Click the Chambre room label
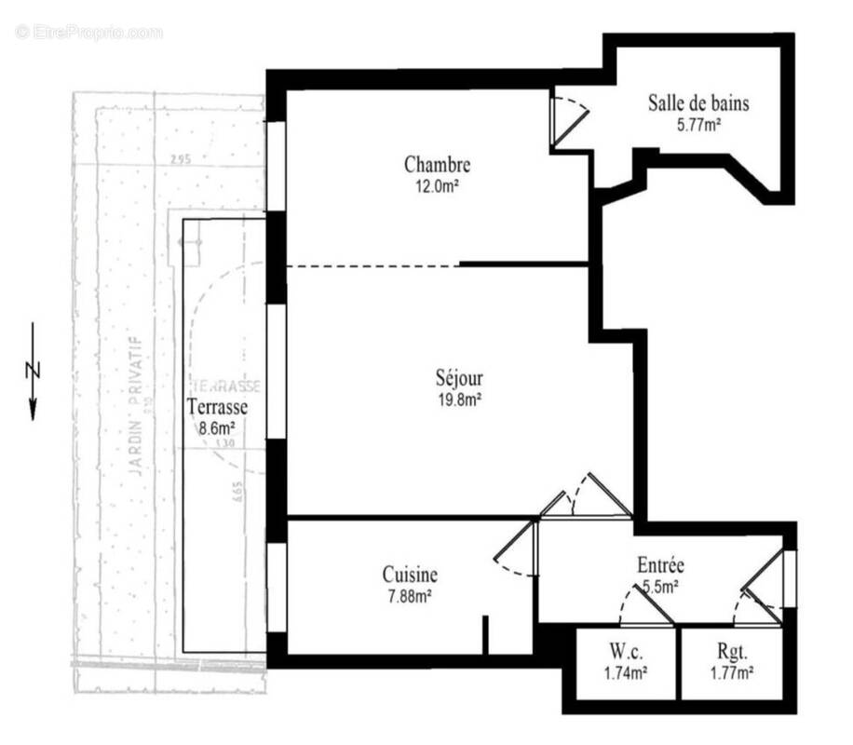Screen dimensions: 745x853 tap(437, 165)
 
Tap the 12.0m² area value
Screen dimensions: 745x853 tap(437, 184)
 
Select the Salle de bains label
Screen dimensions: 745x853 tap(698, 102)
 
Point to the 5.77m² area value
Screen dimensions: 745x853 tap(698, 122)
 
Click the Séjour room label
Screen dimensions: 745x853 tap(459, 380)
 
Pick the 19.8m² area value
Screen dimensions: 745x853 tap(459, 400)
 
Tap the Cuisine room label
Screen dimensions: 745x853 tap(410, 576)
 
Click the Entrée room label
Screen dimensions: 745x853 tap(661, 565)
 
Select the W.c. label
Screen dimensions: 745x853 tap(625, 652)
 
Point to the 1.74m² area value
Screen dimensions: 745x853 tap(625, 670)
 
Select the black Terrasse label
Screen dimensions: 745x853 tap(216, 407)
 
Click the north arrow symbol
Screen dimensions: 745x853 tap(33, 371)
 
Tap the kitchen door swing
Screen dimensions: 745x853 tap(516, 549)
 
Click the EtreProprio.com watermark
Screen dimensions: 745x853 tap(88, 32)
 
